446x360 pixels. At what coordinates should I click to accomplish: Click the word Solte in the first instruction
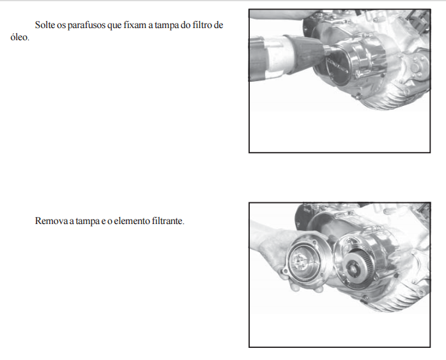coord(45,25)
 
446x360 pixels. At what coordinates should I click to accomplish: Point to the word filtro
coord(203,25)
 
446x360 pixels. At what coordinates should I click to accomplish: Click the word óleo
coord(20,37)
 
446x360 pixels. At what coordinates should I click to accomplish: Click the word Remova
coord(51,221)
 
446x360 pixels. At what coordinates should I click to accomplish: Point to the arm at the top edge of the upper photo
coord(282,15)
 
